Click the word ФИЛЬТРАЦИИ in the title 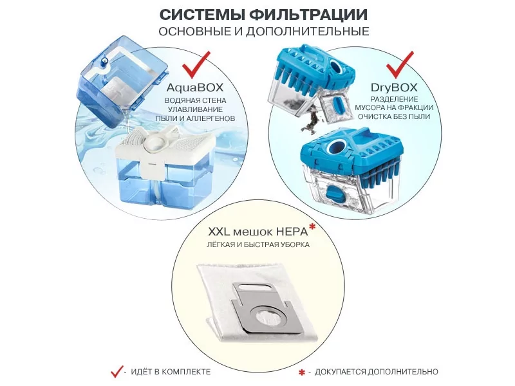308,15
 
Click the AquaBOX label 195,87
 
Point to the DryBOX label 394,87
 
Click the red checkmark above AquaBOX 196,64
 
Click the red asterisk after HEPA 312,226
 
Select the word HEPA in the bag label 292,232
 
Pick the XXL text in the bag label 219,232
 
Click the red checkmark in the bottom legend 117,371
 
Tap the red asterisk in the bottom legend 302,372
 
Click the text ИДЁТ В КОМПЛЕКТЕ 171,372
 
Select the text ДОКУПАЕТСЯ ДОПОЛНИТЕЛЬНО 377,372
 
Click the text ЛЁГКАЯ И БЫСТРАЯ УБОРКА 258,244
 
